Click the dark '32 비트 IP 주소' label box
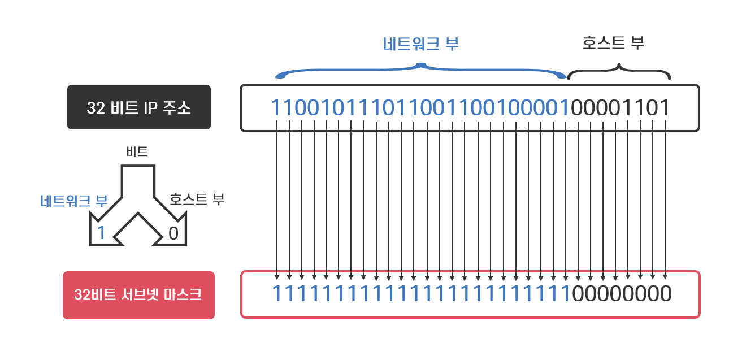[x=139, y=107]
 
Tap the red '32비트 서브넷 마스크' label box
[x=138, y=295]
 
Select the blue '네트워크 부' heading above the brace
[x=420, y=45]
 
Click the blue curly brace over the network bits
[x=420, y=70]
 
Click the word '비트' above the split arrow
[x=137, y=151]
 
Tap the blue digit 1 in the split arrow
[x=102, y=233]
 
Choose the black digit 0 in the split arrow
[x=173, y=233]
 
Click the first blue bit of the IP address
[x=276, y=108]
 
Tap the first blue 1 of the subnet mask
[x=276, y=294]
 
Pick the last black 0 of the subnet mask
[x=666, y=294]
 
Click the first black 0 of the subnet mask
[x=578, y=294]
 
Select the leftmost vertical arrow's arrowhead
[x=276, y=277]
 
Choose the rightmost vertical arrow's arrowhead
[x=665, y=277]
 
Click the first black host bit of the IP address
[x=578, y=108]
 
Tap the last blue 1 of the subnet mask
[x=566, y=294]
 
